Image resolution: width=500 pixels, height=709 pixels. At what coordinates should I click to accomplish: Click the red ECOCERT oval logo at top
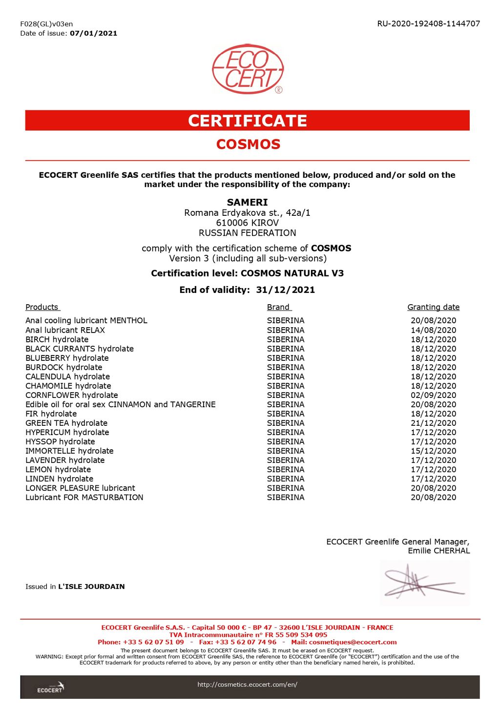pyautogui.click(x=248, y=69)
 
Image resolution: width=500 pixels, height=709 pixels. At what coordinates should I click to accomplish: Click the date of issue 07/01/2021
pyautogui.click(x=93, y=33)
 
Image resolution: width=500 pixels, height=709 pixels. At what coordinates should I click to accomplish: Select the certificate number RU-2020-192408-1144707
pyautogui.click(x=428, y=23)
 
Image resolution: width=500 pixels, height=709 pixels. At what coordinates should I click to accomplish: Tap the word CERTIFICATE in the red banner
pyautogui.click(x=248, y=121)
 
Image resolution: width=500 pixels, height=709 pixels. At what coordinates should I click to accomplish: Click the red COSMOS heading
pyautogui.click(x=248, y=144)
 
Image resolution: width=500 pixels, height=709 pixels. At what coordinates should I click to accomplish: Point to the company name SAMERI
pyautogui.click(x=247, y=202)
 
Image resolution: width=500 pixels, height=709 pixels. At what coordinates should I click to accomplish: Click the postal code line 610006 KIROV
pyautogui.click(x=247, y=223)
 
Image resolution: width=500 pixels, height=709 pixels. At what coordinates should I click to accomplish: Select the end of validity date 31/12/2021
pyautogui.click(x=285, y=290)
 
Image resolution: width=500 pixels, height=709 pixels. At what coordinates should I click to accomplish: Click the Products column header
pyautogui.click(x=42, y=307)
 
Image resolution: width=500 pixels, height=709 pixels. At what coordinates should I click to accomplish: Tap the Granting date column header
pyautogui.click(x=433, y=307)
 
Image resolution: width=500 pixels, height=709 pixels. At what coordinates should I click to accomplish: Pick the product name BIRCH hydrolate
pyautogui.click(x=57, y=339)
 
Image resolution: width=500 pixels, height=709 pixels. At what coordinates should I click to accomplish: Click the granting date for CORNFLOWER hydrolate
pyautogui.click(x=433, y=395)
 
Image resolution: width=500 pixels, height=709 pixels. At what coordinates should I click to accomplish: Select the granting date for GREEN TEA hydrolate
pyautogui.click(x=433, y=423)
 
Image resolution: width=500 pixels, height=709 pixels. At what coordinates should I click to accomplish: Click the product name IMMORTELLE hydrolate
pyautogui.click(x=69, y=451)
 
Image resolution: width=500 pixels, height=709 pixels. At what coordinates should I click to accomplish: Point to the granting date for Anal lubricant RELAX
pyautogui.click(x=433, y=330)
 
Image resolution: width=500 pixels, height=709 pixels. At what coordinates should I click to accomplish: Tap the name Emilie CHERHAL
pyautogui.click(x=438, y=551)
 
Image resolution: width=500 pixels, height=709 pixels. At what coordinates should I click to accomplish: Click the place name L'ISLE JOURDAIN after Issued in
pyautogui.click(x=91, y=586)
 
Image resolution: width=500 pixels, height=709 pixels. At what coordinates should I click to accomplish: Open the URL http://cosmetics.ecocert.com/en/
pyautogui.click(x=247, y=685)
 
